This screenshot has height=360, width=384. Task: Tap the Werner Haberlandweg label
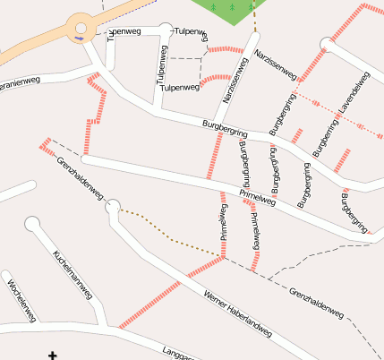(237, 313)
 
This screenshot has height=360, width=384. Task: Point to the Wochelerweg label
(21, 299)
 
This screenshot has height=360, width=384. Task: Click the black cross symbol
(53, 356)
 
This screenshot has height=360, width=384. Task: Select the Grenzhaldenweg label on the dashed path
(317, 303)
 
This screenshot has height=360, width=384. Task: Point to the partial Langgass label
(179, 353)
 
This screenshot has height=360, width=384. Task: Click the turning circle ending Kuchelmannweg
(33, 224)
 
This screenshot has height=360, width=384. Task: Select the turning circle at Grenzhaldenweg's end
(112, 208)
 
